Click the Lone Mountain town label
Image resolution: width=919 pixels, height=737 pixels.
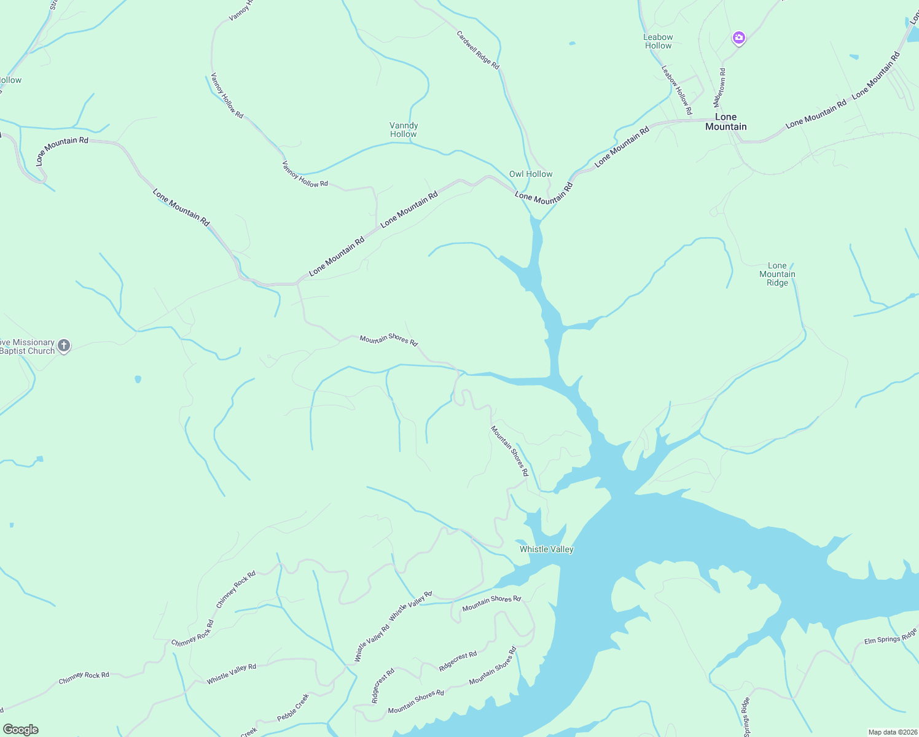pyautogui.click(x=725, y=122)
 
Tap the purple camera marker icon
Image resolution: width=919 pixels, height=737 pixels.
pyautogui.click(x=738, y=38)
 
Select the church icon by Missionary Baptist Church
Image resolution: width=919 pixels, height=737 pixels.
pyautogui.click(x=64, y=346)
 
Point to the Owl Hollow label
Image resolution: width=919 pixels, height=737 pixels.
pyautogui.click(x=531, y=174)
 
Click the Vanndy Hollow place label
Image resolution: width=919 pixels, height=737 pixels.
pyautogui.click(x=404, y=130)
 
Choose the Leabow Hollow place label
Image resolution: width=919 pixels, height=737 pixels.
pyautogui.click(x=658, y=41)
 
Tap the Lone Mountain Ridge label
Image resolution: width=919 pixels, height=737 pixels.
pyautogui.click(x=777, y=274)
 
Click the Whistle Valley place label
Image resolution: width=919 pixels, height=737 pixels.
pyautogui.click(x=546, y=549)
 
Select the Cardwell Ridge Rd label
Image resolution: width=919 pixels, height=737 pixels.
pyautogui.click(x=478, y=50)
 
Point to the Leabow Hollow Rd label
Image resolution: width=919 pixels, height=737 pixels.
pyautogui.click(x=676, y=90)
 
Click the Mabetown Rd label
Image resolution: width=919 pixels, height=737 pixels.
pyautogui.click(x=719, y=88)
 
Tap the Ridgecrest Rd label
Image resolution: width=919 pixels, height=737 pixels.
pyautogui.click(x=458, y=661)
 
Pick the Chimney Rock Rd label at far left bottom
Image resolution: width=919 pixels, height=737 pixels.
pyautogui.click(x=84, y=678)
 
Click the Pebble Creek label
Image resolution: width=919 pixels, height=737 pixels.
pyautogui.click(x=292, y=708)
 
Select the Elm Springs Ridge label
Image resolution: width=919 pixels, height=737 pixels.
pyautogui.click(x=890, y=636)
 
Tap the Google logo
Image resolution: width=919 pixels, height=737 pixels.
pyautogui.click(x=20, y=730)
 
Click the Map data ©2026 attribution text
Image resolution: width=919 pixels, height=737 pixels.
pyautogui.click(x=891, y=732)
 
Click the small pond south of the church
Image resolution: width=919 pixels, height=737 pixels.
pyautogui.click(x=138, y=379)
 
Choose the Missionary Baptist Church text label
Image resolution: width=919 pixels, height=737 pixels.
pyautogui.click(x=27, y=346)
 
